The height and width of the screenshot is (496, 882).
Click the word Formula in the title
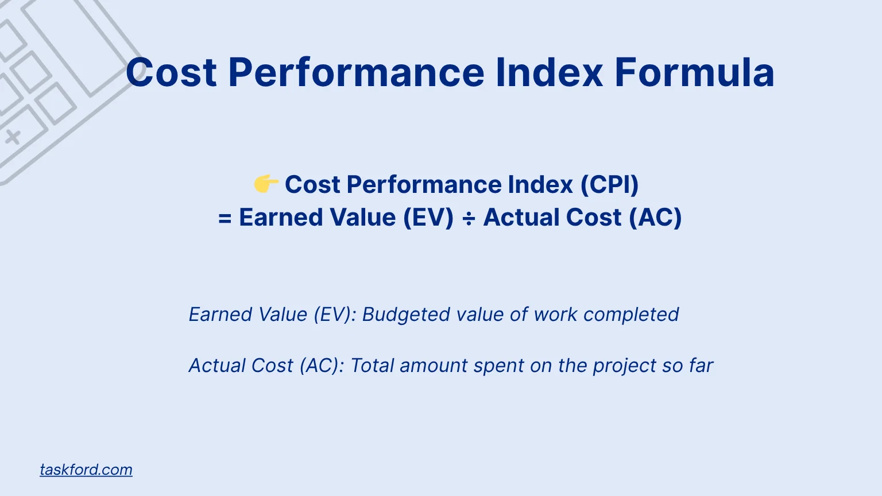pyautogui.click(x=694, y=73)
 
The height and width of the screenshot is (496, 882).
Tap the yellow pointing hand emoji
pyautogui.click(x=266, y=184)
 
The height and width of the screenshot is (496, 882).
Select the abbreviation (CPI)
pyautogui.click(x=609, y=185)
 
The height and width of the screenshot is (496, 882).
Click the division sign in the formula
pyautogui.click(x=469, y=218)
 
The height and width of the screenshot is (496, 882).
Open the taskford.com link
pyautogui.click(x=86, y=470)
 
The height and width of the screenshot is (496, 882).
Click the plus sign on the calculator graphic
pyautogui.click(x=13, y=137)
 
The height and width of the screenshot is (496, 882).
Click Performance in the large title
pyautogui.click(x=356, y=73)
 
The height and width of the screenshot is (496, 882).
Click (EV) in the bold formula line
pyautogui.click(x=428, y=218)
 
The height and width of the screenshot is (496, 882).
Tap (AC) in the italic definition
pyautogui.click(x=322, y=366)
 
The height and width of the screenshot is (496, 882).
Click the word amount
pyautogui.click(x=434, y=366)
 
